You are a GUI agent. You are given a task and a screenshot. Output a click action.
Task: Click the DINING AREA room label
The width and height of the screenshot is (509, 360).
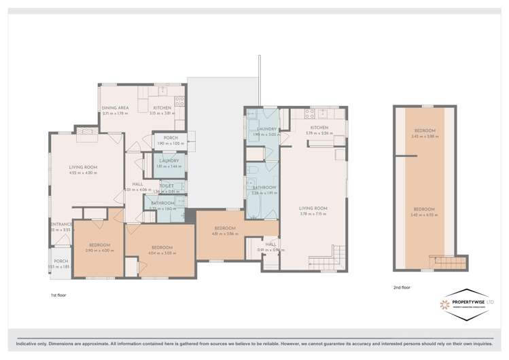pos(116,108)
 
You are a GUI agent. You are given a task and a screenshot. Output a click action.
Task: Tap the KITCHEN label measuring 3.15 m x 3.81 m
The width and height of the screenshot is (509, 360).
pos(162,108)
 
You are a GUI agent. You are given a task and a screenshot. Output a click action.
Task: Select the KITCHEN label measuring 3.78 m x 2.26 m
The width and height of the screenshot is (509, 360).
pos(319,127)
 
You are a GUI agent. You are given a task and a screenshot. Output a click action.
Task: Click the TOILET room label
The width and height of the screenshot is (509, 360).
pos(167,185)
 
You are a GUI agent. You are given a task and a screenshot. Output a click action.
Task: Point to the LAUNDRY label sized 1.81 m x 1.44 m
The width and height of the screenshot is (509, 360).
pos(167,161)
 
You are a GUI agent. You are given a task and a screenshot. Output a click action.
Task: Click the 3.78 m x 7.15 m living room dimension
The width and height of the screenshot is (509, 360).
pos(313,214)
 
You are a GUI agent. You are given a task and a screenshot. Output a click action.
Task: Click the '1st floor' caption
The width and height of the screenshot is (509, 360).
pos(58,295)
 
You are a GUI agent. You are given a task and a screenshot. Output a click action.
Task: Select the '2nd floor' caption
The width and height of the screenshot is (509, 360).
pos(402,287)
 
